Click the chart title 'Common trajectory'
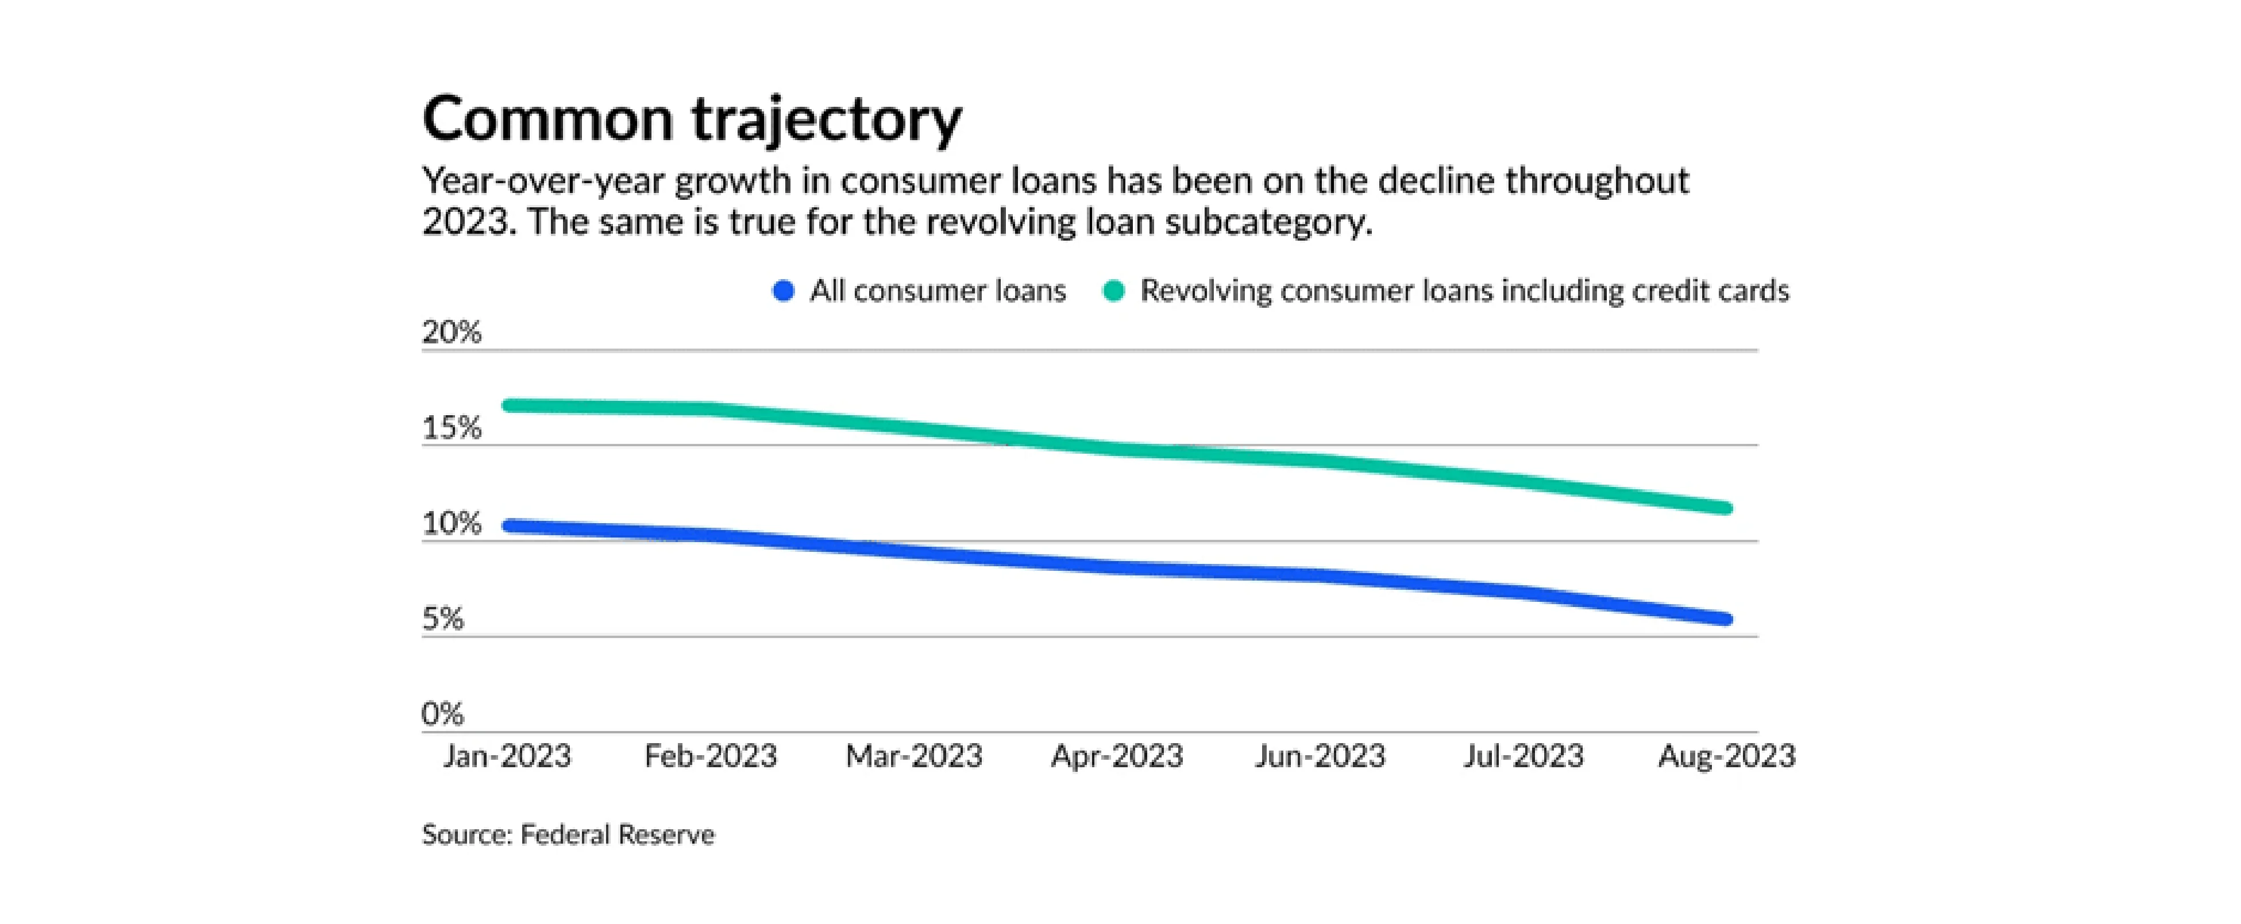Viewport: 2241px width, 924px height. [692, 119]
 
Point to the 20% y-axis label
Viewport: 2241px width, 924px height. [452, 333]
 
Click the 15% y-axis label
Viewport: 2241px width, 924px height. [452, 428]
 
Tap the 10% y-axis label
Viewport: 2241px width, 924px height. [452, 524]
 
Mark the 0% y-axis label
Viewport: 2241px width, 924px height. [443, 714]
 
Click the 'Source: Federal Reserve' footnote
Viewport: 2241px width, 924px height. [568, 835]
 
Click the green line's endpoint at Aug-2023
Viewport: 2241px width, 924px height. [1726, 508]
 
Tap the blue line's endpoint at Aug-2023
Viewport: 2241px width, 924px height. [1726, 620]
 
